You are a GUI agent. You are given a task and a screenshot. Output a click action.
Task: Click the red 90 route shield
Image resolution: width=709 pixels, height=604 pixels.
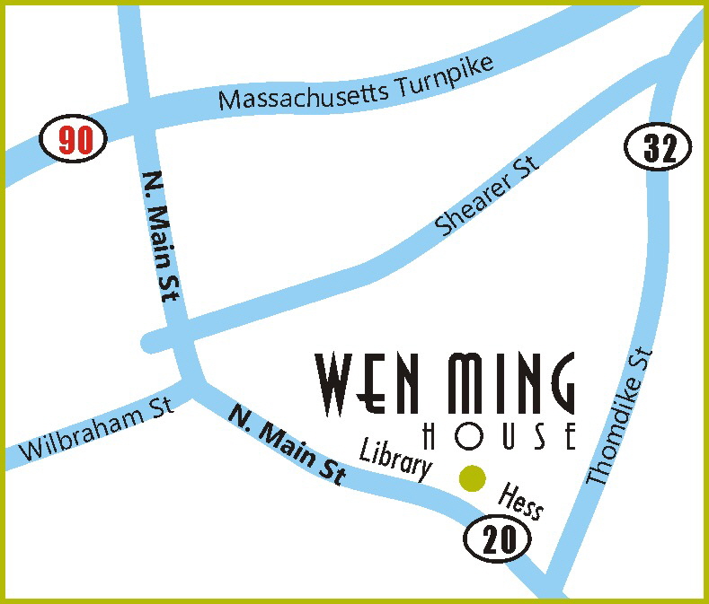coord(74,140)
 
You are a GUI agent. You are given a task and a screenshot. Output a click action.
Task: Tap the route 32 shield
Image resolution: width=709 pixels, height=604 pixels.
coord(658,147)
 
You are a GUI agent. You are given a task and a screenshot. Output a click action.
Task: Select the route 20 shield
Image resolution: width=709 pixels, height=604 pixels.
coord(499,539)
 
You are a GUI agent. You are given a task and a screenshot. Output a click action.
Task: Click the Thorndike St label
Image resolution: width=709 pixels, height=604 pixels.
coord(618,417)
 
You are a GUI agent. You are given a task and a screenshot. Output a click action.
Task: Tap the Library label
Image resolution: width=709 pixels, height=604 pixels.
coord(396,456)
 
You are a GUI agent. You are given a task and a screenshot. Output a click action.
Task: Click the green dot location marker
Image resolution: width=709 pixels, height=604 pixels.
coord(472,478)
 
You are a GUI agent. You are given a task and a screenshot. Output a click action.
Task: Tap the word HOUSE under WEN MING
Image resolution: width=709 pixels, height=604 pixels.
coord(499,437)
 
